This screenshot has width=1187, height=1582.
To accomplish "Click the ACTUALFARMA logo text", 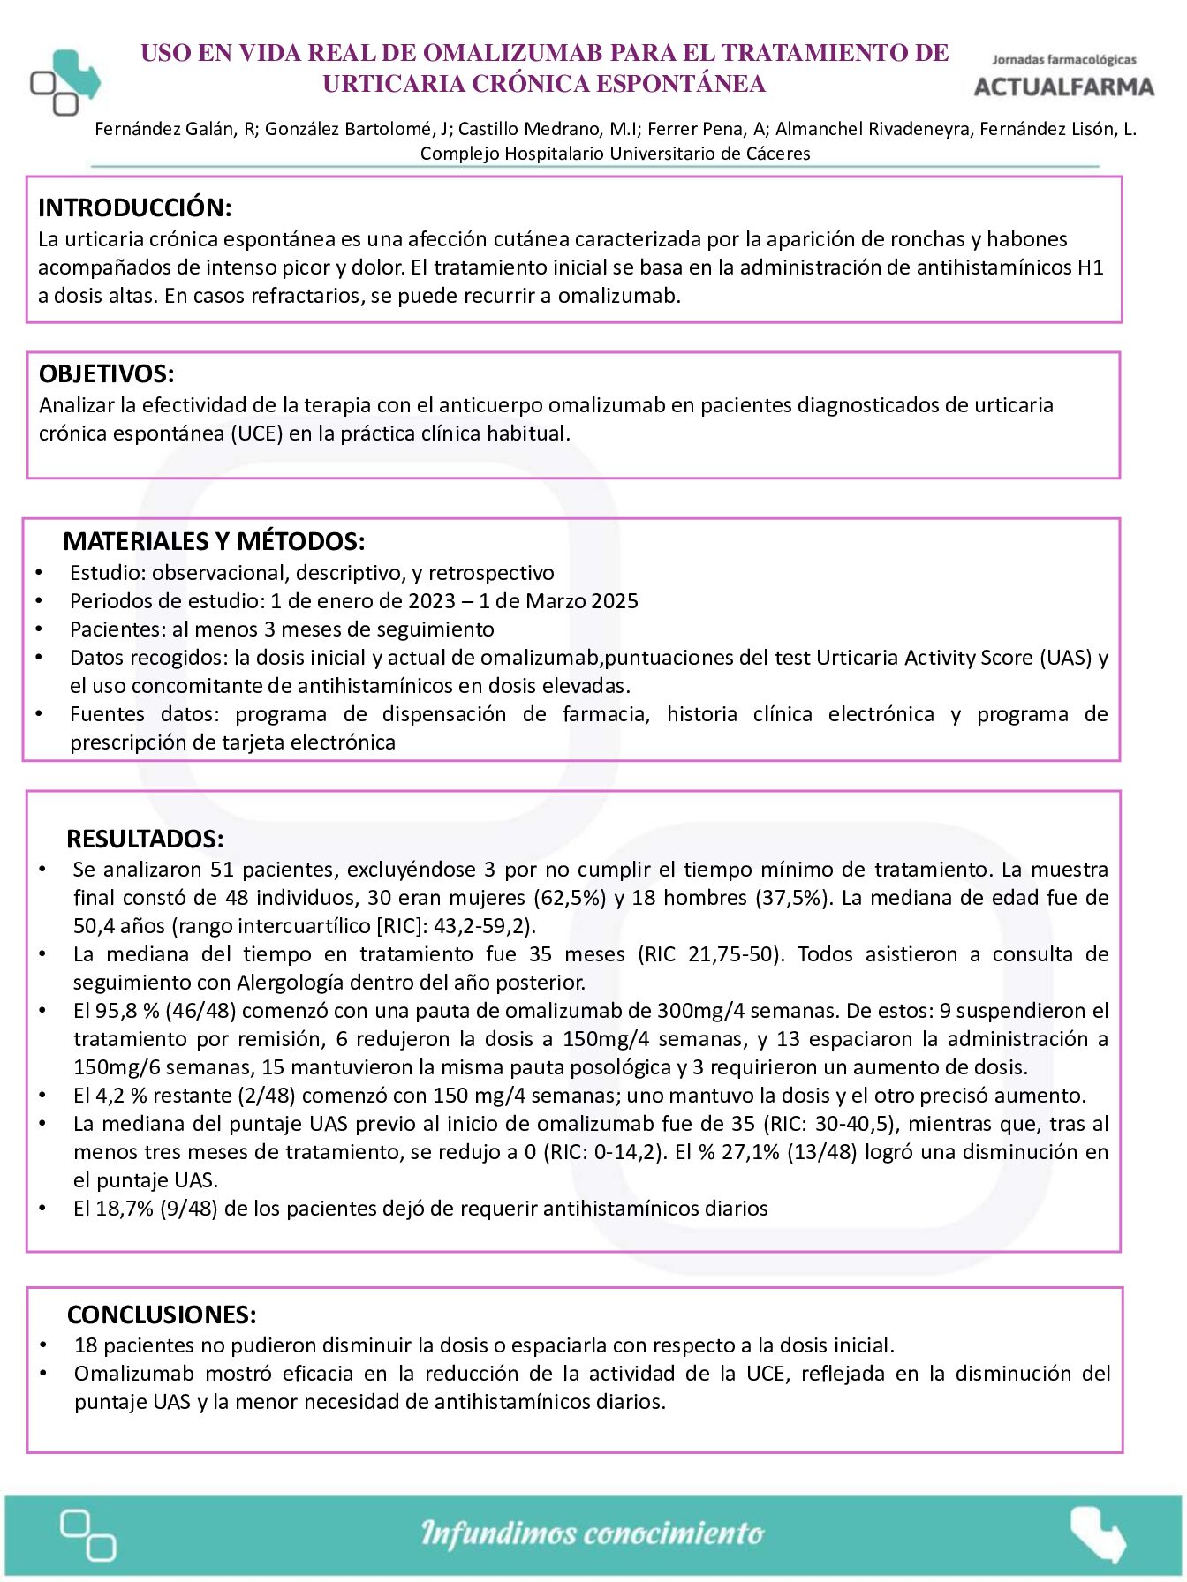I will coord(1063,86).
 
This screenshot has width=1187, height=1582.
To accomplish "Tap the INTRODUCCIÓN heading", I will coord(134,208).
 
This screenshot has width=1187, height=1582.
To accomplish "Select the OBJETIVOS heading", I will coord(106,374).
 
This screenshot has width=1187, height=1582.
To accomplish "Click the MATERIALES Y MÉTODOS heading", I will coord(214,541).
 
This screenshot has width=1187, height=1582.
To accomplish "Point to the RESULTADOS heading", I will coord(145,839).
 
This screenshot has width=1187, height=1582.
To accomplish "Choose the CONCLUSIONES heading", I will coord(162,1315).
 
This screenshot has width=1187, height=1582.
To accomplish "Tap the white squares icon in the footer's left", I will coord(87,1535).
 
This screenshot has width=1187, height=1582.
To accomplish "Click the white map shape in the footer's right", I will coord(1098,1533).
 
